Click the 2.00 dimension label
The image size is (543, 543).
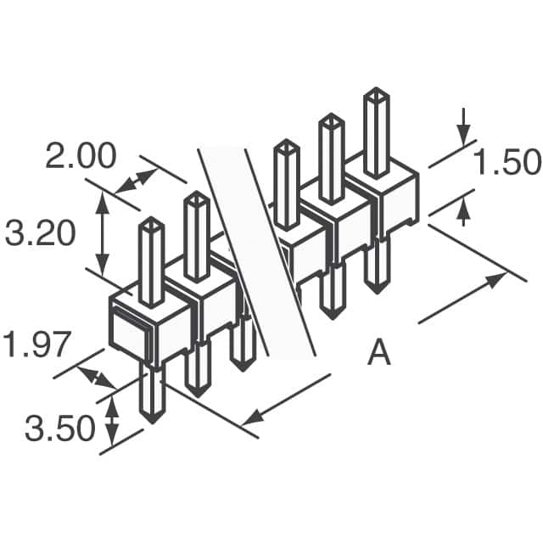pos(81,158)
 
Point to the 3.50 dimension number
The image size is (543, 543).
pos(59,429)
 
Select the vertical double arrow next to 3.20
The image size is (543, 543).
pos(103,232)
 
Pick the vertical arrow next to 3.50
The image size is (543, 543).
pos(111,421)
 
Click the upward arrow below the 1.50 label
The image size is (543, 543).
pos(463,211)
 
